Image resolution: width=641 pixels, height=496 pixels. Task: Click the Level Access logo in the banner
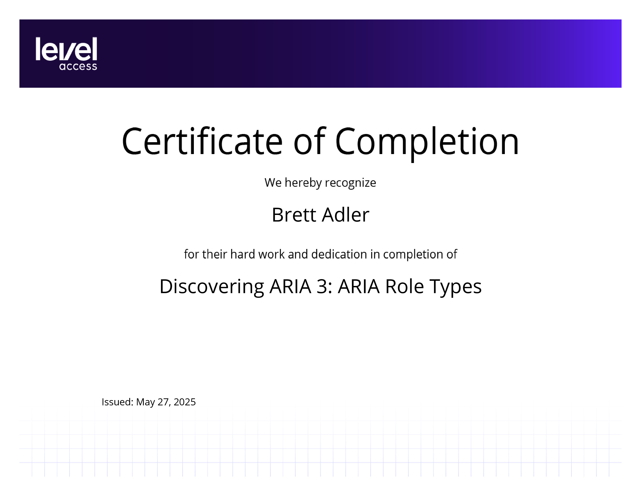coord(66,53)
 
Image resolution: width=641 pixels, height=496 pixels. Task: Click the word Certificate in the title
coord(202,141)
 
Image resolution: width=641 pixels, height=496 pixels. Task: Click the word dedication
coord(339,254)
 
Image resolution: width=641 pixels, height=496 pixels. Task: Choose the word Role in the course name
coord(404,286)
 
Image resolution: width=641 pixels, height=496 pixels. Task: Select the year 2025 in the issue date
coord(185,402)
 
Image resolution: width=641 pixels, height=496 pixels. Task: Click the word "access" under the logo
coord(78,66)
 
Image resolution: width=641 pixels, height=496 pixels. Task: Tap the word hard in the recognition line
coord(243,254)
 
